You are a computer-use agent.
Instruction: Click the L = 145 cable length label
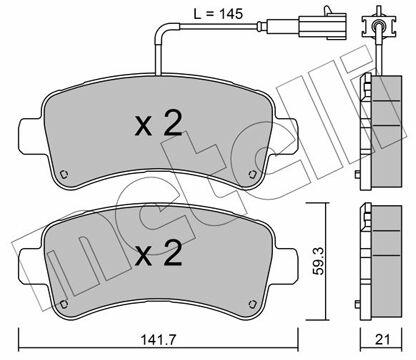218,14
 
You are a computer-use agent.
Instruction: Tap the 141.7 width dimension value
158,340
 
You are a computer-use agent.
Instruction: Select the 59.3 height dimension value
319,261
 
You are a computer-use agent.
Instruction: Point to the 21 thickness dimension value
382,340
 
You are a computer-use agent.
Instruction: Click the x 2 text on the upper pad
159,124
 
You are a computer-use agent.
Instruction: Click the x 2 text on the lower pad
159,253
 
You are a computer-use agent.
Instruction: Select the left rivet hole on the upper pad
64,174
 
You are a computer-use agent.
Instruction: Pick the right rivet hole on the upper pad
252,174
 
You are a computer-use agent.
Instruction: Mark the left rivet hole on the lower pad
64,303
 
